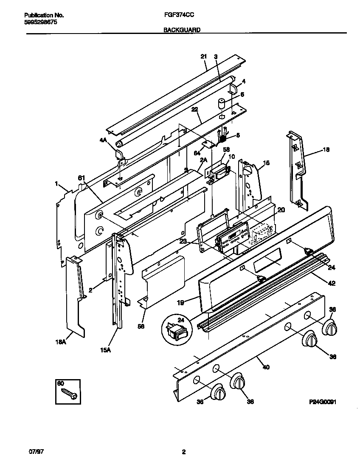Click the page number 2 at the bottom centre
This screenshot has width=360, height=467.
click(x=183, y=452)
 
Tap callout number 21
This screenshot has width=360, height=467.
click(x=203, y=56)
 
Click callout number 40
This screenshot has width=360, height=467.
click(x=266, y=367)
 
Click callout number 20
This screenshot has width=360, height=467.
click(x=281, y=210)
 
